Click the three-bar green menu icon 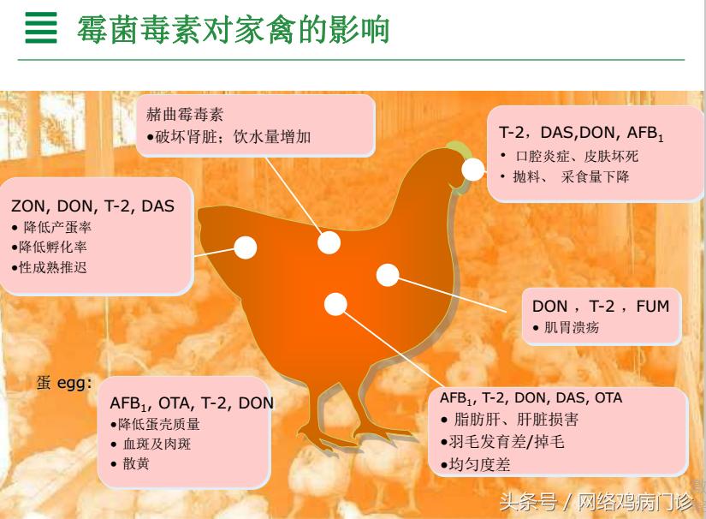click(40, 28)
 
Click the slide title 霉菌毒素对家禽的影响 click(233, 29)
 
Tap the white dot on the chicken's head click(473, 170)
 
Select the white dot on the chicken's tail click(246, 248)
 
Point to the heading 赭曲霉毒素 click(185, 114)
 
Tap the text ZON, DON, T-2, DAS click(92, 206)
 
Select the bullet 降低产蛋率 click(56, 227)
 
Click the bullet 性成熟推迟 click(53, 267)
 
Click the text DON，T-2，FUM click(601, 306)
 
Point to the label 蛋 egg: click(64, 383)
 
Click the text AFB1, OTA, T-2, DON click(192, 403)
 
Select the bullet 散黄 click(135, 464)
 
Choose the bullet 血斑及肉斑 click(161, 444)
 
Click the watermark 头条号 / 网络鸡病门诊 click(596, 500)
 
